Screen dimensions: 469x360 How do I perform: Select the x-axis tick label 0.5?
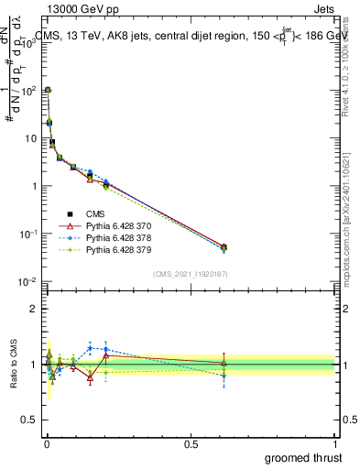pos(191,442)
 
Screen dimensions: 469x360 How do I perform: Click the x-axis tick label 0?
pos(46,442)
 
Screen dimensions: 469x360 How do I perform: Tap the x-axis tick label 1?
pos(334,442)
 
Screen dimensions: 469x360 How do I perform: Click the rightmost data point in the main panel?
pos(224,246)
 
